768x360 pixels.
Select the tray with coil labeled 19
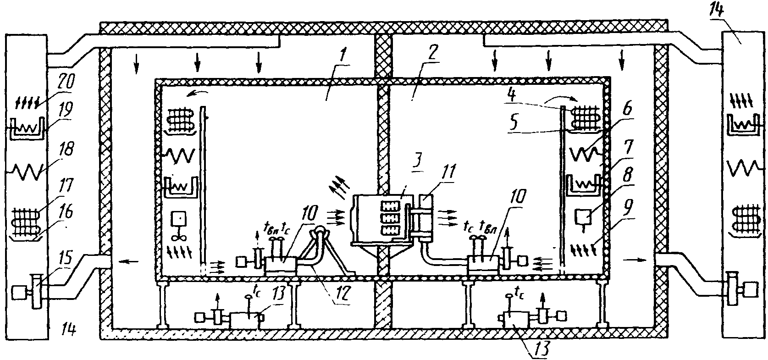point(26,128)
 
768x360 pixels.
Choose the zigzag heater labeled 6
point(585,154)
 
